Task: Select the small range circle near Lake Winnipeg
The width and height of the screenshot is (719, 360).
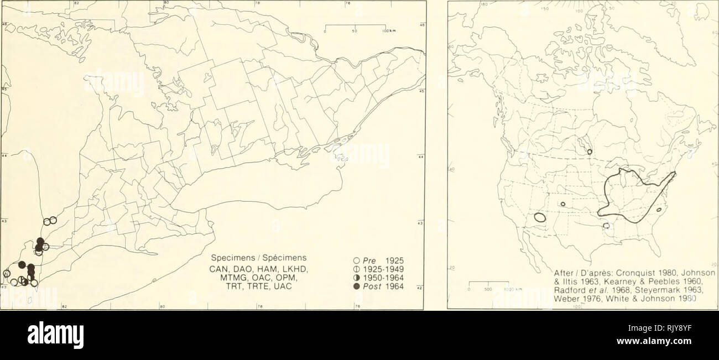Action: point(590,152)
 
